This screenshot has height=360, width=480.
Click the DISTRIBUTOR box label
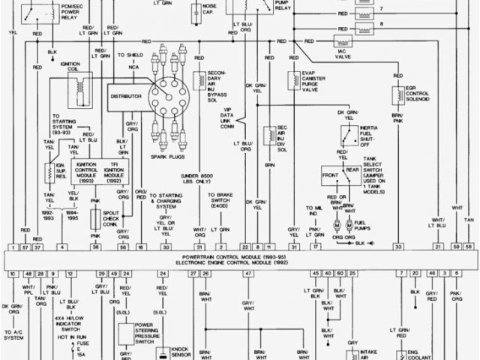tap(127, 97)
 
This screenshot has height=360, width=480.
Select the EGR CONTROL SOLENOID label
tap(418, 94)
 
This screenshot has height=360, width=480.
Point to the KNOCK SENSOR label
tap(181, 352)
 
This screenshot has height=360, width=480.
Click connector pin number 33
tap(399, 246)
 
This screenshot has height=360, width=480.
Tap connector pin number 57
tap(25, 246)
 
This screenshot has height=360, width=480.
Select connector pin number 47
tap(247, 274)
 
